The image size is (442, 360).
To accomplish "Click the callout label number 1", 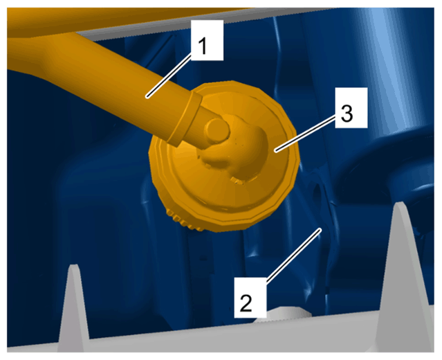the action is [x=208, y=40].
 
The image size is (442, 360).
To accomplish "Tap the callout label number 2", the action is [x=250, y=298].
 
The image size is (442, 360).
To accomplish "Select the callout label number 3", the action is [x=351, y=107].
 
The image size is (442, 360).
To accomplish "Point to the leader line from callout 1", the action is [x=169, y=76].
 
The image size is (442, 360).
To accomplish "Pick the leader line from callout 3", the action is [x=306, y=134].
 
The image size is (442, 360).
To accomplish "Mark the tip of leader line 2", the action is [x=320, y=229].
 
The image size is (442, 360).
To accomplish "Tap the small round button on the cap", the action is [x=217, y=130].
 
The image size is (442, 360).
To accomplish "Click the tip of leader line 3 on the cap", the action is [x=276, y=151].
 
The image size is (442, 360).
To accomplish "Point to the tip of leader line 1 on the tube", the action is [x=147, y=98].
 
